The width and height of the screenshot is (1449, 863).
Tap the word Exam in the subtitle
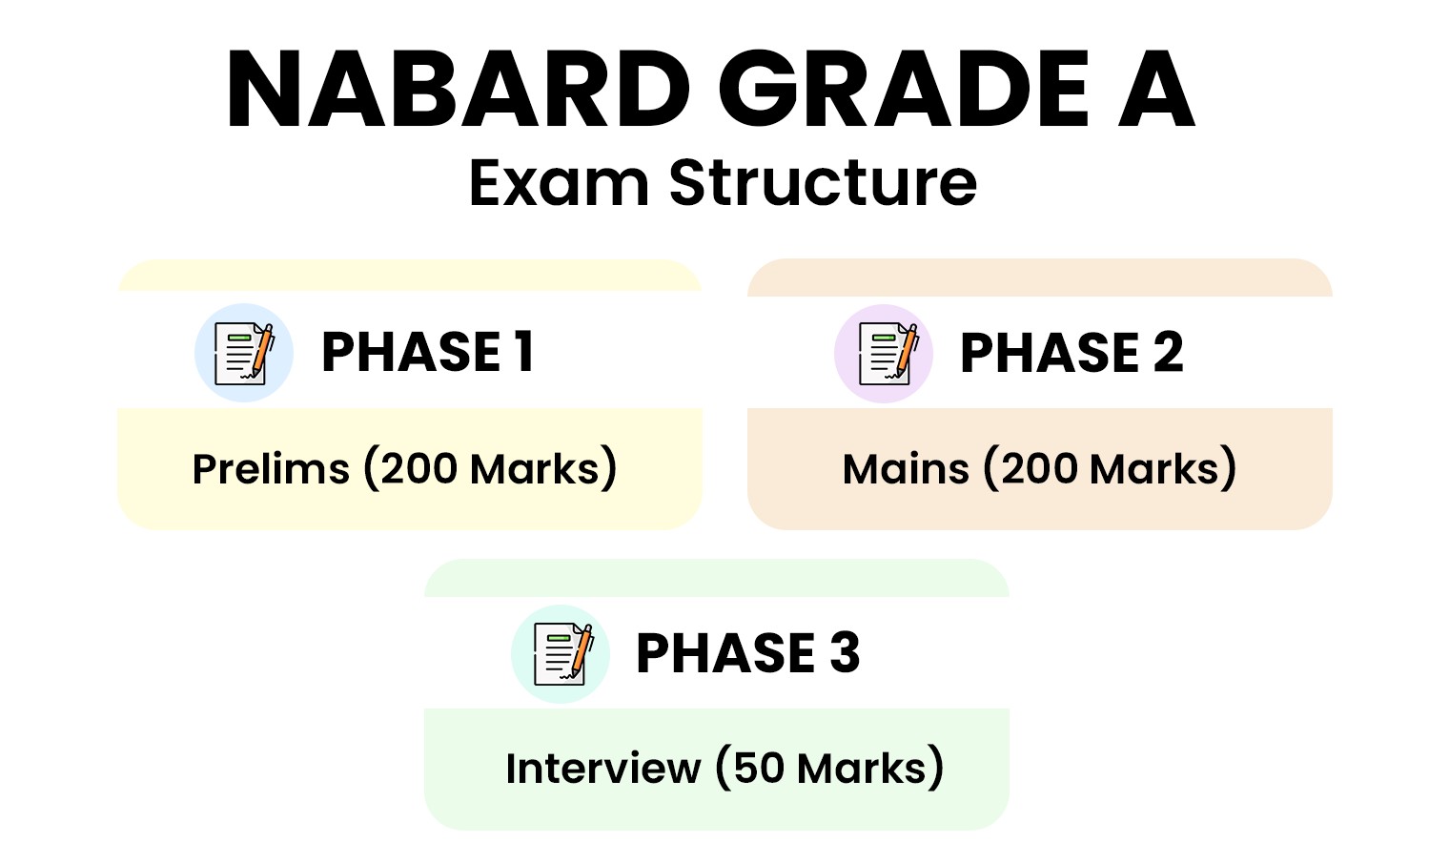click(x=559, y=183)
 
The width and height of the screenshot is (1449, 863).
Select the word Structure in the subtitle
click(x=822, y=183)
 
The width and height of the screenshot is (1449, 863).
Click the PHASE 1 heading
click(x=428, y=352)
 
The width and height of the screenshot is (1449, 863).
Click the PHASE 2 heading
click(x=1071, y=353)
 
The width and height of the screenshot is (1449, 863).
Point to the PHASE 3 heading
click(x=747, y=653)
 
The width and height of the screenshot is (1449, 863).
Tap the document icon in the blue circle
click(x=244, y=353)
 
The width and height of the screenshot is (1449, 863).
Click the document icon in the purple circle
click(x=887, y=353)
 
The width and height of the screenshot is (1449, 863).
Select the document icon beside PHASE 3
click(x=562, y=654)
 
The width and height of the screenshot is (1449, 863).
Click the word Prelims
click(x=271, y=469)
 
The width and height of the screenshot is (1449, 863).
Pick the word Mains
click(x=906, y=469)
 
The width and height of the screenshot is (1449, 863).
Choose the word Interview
click(x=602, y=769)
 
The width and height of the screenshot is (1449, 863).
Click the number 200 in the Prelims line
click(x=419, y=469)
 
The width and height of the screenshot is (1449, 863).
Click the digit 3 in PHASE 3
click(x=845, y=653)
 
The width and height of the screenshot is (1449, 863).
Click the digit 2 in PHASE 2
click(x=1168, y=353)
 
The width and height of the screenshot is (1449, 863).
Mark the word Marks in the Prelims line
click(x=534, y=469)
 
